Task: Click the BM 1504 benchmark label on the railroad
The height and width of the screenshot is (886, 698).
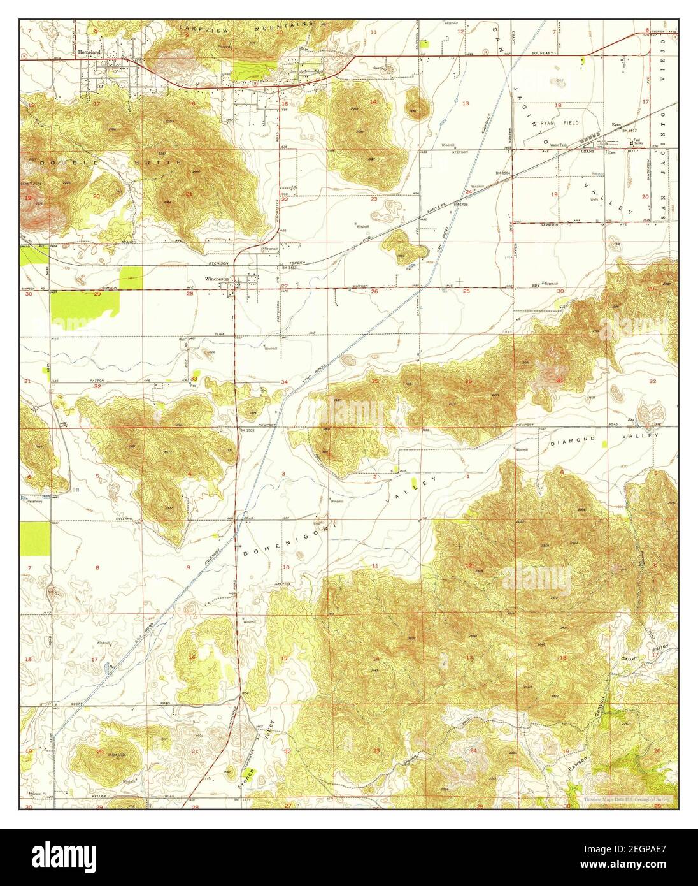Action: click(503, 173)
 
